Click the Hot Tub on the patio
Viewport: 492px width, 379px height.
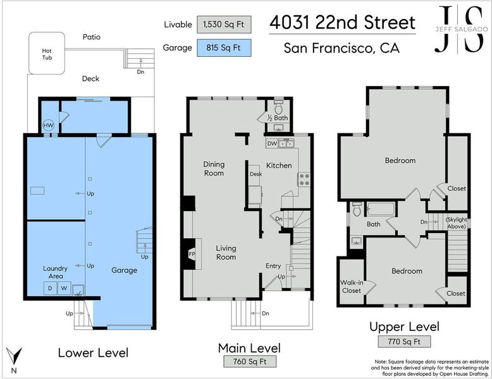point(47,53)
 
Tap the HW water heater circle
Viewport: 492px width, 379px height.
point(48,126)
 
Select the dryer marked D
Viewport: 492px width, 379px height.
point(50,288)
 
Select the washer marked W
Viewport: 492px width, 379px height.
point(64,288)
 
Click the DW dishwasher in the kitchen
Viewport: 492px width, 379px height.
point(272,143)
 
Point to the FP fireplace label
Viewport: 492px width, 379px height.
point(192,254)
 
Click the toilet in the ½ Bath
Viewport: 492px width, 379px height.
point(278,107)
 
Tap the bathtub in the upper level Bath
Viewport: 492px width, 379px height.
point(381,209)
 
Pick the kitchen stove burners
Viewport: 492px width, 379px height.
point(304,179)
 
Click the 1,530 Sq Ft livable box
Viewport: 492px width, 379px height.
point(224,25)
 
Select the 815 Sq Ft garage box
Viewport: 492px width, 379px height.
point(224,47)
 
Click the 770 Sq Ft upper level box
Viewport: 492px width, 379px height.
point(404,341)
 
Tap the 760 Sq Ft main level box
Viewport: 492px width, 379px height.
point(250,361)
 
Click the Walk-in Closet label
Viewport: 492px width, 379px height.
point(352,287)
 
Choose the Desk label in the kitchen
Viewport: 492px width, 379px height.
point(255,174)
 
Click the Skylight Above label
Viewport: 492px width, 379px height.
point(457,223)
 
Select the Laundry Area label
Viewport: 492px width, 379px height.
point(55,272)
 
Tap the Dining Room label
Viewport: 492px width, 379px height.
point(214,169)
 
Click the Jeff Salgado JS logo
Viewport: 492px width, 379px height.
point(461,29)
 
